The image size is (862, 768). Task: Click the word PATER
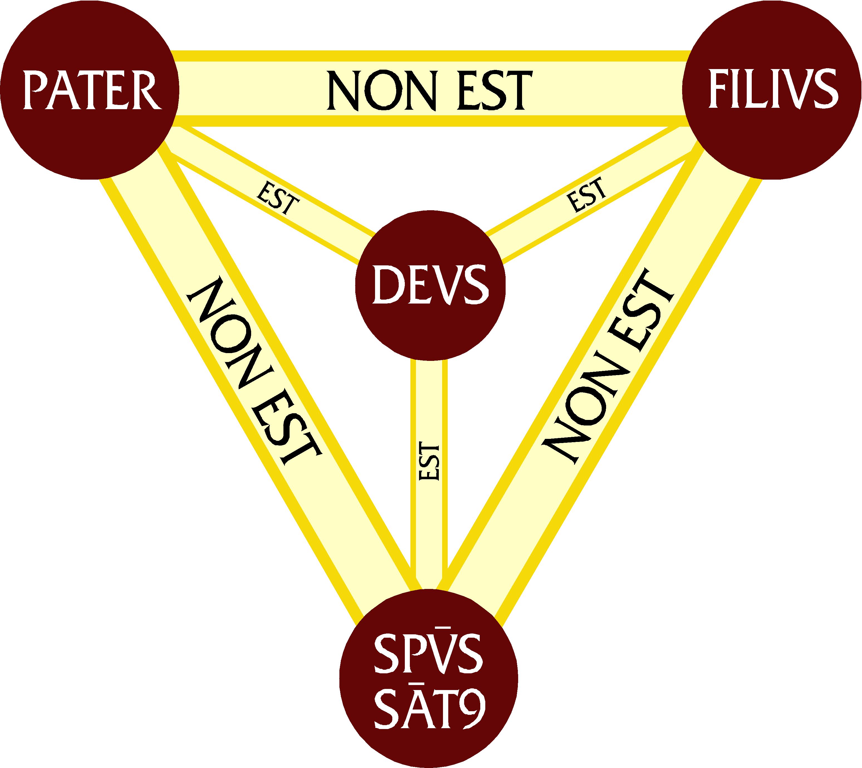coord(92,90)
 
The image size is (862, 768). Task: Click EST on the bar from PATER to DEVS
coord(278,197)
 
